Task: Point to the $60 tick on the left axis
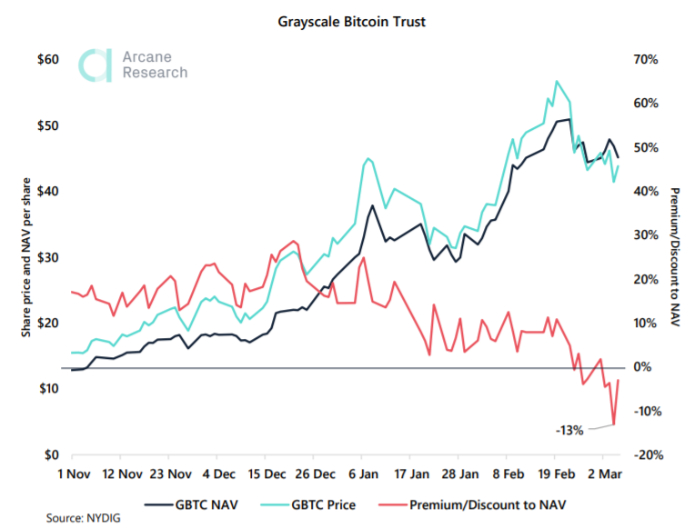46,60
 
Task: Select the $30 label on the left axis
46,257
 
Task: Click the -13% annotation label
569,430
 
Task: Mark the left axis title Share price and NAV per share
28,257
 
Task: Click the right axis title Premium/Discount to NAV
675,257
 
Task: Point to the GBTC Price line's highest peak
556,81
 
